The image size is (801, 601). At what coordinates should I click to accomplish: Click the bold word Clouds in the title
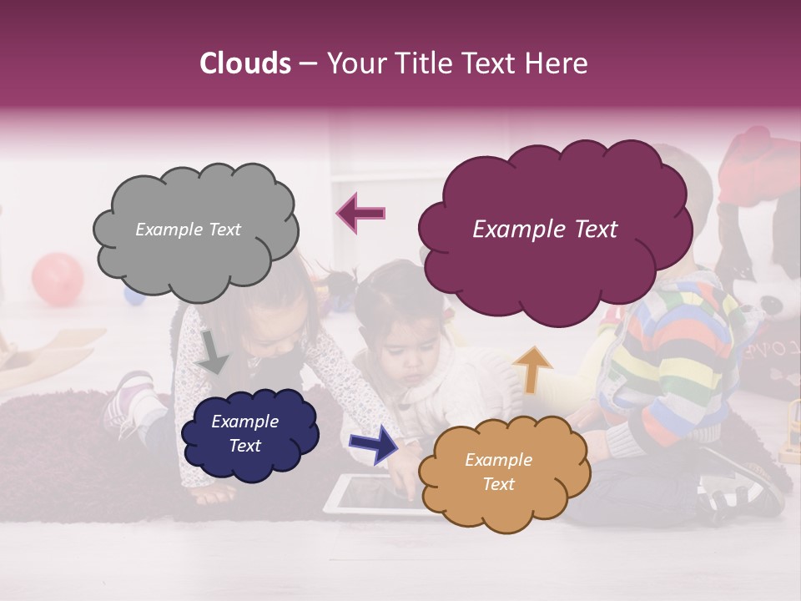click(x=245, y=63)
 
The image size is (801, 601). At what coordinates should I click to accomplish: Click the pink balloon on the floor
click(x=58, y=277)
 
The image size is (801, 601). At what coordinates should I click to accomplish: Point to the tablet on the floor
click(x=367, y=494)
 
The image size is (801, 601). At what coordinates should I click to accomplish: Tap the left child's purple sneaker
click(x=125, y=401)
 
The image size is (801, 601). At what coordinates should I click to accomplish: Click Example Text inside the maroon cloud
click(x=545, y=230)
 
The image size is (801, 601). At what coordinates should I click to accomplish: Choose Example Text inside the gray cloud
click(x=188, y=230)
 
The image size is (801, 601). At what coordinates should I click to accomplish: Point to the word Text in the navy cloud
click(x=244, y=446)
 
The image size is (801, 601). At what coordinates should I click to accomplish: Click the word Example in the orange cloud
click(x=498, y=460)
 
